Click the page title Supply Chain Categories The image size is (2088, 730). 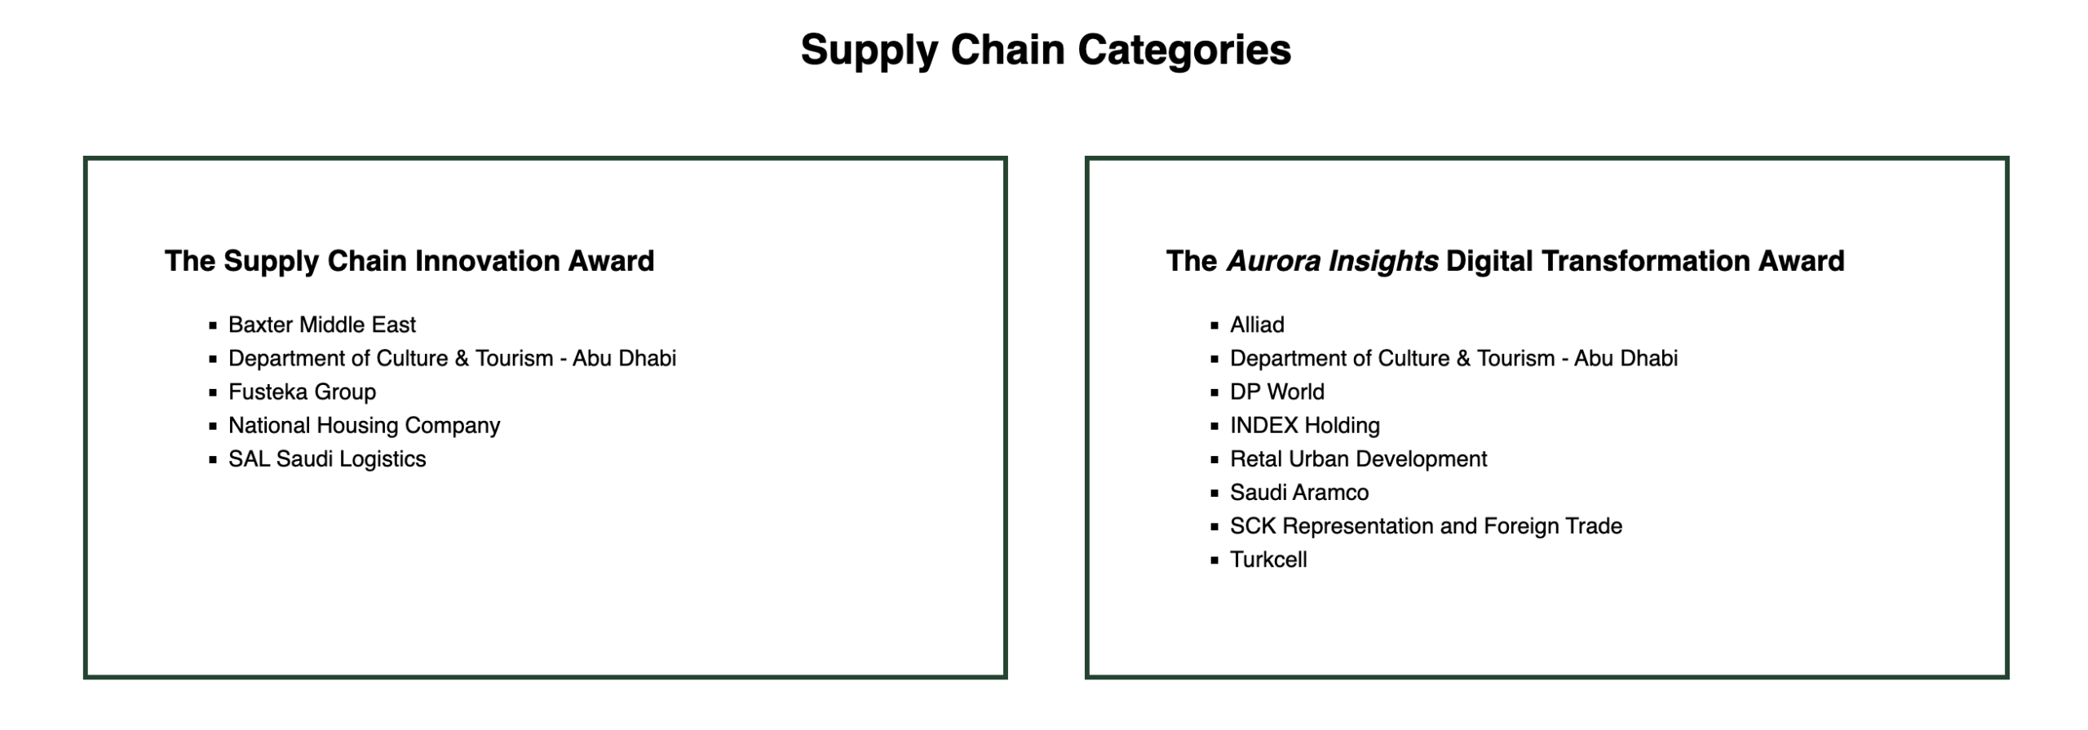point(1045,51)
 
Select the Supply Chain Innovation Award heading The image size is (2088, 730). point(409,261)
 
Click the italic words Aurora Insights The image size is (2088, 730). point(1332,261)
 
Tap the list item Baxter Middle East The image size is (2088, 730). point(322,325)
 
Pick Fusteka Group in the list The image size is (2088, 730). point(302,392)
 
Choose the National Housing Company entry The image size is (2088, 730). point(364,426)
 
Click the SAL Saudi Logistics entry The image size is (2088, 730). point(327,459)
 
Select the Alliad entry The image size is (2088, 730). point(1257,325)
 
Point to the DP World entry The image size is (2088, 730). point(1277,392)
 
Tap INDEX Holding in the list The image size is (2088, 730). point(1305,426)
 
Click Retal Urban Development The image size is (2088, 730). point(1358,459)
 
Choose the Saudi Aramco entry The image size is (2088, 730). point(1299,493)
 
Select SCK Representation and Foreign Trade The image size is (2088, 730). point(1426,526)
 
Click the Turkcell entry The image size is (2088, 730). point(1268,560)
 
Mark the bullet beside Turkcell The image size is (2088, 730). point(1214,560)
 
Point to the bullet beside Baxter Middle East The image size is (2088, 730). point(213,325)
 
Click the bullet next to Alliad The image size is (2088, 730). point(1214,325)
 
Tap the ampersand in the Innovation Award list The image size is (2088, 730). point(462,358)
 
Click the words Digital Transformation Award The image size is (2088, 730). point(1645,261)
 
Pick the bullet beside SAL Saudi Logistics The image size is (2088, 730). point(213,460)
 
